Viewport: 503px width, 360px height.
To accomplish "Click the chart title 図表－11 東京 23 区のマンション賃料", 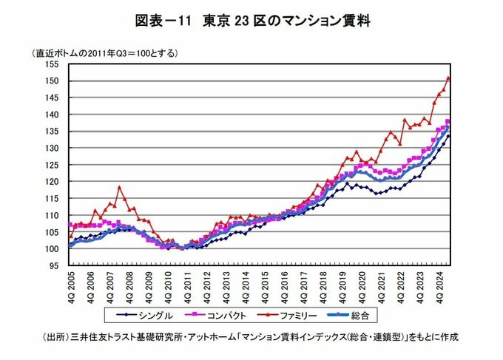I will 251,21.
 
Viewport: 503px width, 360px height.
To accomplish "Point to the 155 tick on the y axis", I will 53,64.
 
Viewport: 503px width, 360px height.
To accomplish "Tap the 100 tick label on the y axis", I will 53,249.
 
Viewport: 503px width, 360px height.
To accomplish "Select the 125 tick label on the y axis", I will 53,165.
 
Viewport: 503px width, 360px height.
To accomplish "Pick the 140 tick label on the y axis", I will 53,115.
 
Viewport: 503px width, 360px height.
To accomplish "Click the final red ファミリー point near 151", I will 448,78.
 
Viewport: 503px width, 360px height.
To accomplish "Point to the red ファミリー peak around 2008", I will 119,188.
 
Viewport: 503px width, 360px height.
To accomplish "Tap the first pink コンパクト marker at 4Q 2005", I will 70,225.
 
